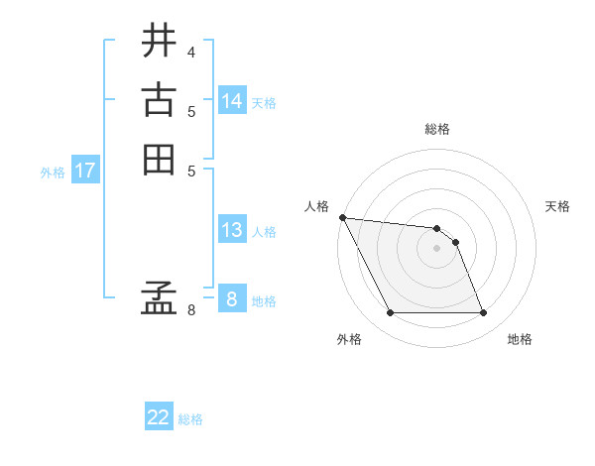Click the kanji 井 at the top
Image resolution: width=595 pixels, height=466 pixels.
point(159,41)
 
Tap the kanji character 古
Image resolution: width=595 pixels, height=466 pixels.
point(159,100)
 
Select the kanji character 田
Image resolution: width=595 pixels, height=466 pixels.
point(159,159)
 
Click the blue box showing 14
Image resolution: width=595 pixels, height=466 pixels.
point(232,101)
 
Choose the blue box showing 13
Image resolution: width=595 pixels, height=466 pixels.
point(232,230)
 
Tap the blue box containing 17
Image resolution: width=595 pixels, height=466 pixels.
point(85,171)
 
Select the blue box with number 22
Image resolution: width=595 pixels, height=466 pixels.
point(159,417)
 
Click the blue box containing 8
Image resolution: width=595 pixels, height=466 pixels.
point(232,299)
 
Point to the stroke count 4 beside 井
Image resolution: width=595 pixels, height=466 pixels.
point(190,51)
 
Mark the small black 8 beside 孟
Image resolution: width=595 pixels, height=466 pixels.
point(190,310)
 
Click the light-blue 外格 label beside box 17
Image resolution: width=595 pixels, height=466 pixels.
point(53,172)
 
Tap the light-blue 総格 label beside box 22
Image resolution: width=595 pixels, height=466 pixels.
point(190,419)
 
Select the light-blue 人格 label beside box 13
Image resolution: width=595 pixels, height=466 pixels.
point(264,232)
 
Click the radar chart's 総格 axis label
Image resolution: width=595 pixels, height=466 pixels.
point(437,130)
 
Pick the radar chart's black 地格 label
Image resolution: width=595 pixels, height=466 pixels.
point(520,339)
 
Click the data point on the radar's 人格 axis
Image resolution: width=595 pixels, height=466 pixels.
point(342,217)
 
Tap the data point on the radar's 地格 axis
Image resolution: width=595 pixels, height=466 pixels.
point(483,313)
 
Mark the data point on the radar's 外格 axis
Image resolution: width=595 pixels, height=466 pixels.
point(390,313)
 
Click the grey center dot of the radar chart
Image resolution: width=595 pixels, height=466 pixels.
point(436,248)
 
